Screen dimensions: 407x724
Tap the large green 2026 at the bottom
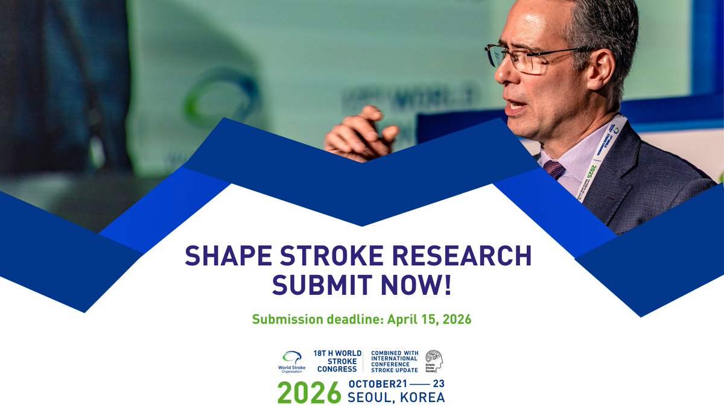(309, 393)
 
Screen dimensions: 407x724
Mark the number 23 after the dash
(439, 384)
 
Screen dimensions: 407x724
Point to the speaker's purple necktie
(554, 169)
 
